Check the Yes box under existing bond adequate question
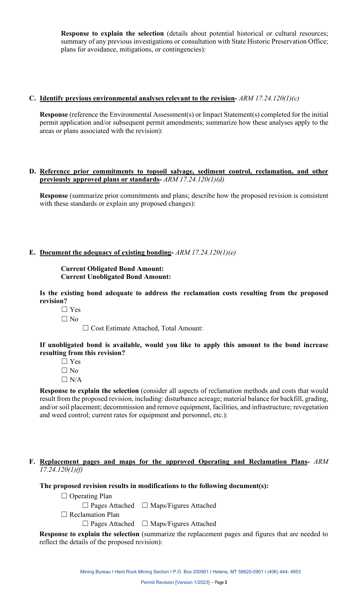click(64, 310)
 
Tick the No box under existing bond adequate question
click(64, 319)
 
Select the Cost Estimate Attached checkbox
click(86, 328)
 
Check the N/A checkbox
click(64, 380)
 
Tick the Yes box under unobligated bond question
click(64, 361)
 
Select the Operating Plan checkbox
click(64, 496)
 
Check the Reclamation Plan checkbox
click(64, 515)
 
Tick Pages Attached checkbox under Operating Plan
click(86, 505)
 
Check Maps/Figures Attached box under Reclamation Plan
click(145, 524)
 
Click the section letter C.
click(32, 99)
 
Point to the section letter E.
click(32, 253)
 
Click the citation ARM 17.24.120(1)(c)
click(269, 99)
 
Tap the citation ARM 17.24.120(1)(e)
click(205, 253)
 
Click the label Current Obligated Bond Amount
click(112, 269)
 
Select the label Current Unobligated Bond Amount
click(116, 277)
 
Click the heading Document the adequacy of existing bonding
click(106, 253)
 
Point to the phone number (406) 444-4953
click(284, 572)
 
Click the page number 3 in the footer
click(226, 582)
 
